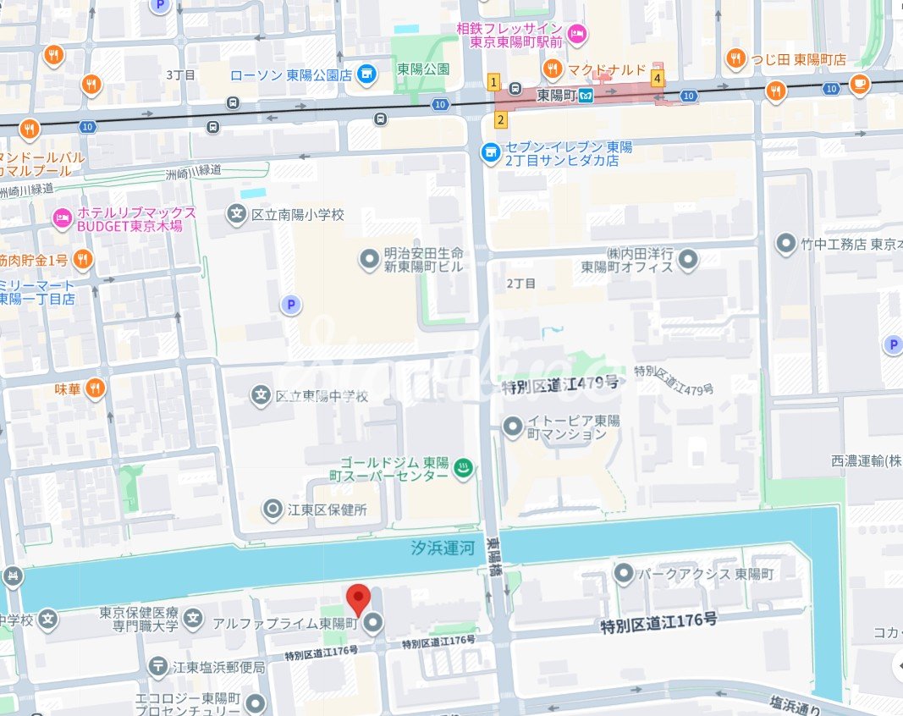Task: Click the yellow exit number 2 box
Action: point(501,119)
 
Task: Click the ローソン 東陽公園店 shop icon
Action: point(366,74)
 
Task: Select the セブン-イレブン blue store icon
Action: point(489,153)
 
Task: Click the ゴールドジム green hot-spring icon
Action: point(462,468)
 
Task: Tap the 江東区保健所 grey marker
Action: point(273,509)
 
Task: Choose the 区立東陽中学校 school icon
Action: point(262,395)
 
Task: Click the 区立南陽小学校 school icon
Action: point(237,214)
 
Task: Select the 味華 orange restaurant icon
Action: point(94,388)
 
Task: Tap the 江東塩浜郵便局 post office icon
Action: point(158,667)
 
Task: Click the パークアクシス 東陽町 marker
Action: point(625,574)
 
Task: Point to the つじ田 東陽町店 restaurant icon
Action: point(735,59)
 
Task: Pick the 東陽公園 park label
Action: point(423,69)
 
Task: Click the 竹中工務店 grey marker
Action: point(786,245)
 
